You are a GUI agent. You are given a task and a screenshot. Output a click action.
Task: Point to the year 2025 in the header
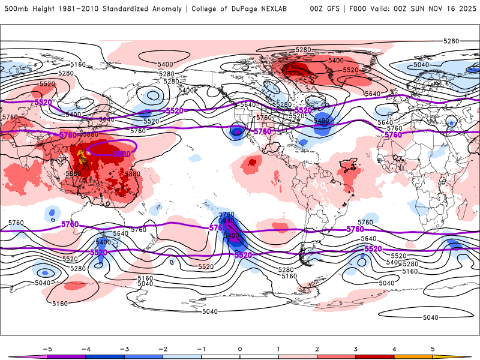click(463, 9)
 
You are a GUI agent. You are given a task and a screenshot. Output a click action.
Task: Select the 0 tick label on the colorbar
click(239, 349)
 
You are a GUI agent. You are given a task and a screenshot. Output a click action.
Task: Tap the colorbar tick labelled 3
click(355, 349)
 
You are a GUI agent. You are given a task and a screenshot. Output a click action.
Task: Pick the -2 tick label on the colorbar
click(163, 349)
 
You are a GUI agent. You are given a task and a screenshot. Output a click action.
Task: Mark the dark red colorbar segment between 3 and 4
click(374, 357)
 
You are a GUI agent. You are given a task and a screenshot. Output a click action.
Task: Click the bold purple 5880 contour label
click(122, 154)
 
